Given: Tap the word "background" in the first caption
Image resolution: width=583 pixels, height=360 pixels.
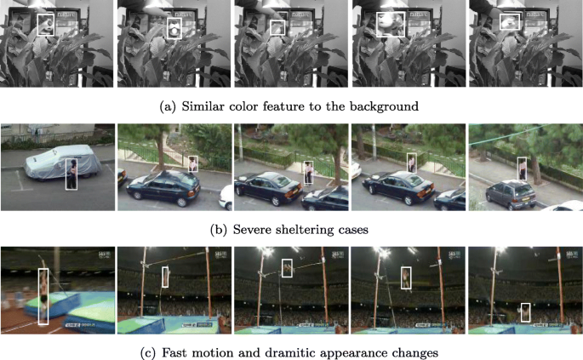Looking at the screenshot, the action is [x=387, y=106].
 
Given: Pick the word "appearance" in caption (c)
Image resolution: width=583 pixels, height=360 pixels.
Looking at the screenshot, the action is [x=363, y=351].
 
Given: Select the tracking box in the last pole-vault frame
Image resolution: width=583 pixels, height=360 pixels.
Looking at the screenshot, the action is [x=526, y=312].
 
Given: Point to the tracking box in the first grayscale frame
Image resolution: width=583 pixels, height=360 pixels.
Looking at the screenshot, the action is [x=46, y=25].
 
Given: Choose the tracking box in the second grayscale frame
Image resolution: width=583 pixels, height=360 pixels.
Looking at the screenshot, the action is [x=174, y=30].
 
